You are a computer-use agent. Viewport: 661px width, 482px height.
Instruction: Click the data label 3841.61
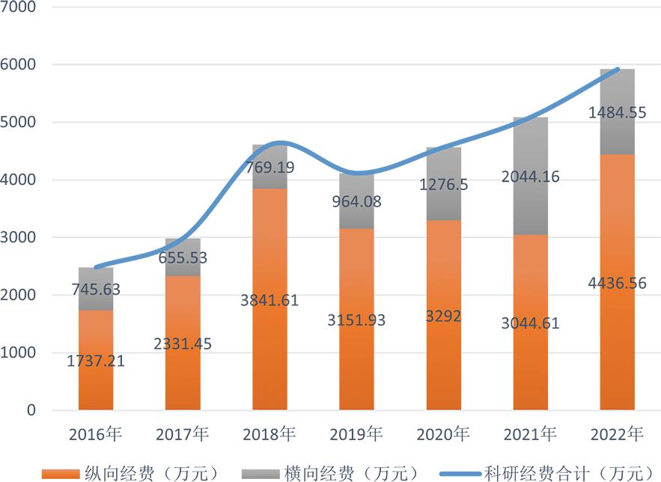pos(269,300)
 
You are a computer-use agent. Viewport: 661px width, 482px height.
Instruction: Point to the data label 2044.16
pos(531,177)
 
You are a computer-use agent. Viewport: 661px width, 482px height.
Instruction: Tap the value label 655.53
pos(182,258)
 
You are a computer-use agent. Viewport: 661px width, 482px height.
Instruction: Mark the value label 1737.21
pos(95,361)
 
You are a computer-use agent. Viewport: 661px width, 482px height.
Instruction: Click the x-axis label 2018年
pos(269,434)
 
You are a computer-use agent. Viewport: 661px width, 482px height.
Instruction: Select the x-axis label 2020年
pos(444,434)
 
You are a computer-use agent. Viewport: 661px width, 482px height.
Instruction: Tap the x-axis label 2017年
pos(182,434)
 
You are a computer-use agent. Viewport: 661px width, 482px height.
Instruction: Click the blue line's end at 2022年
pos(618,69)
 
